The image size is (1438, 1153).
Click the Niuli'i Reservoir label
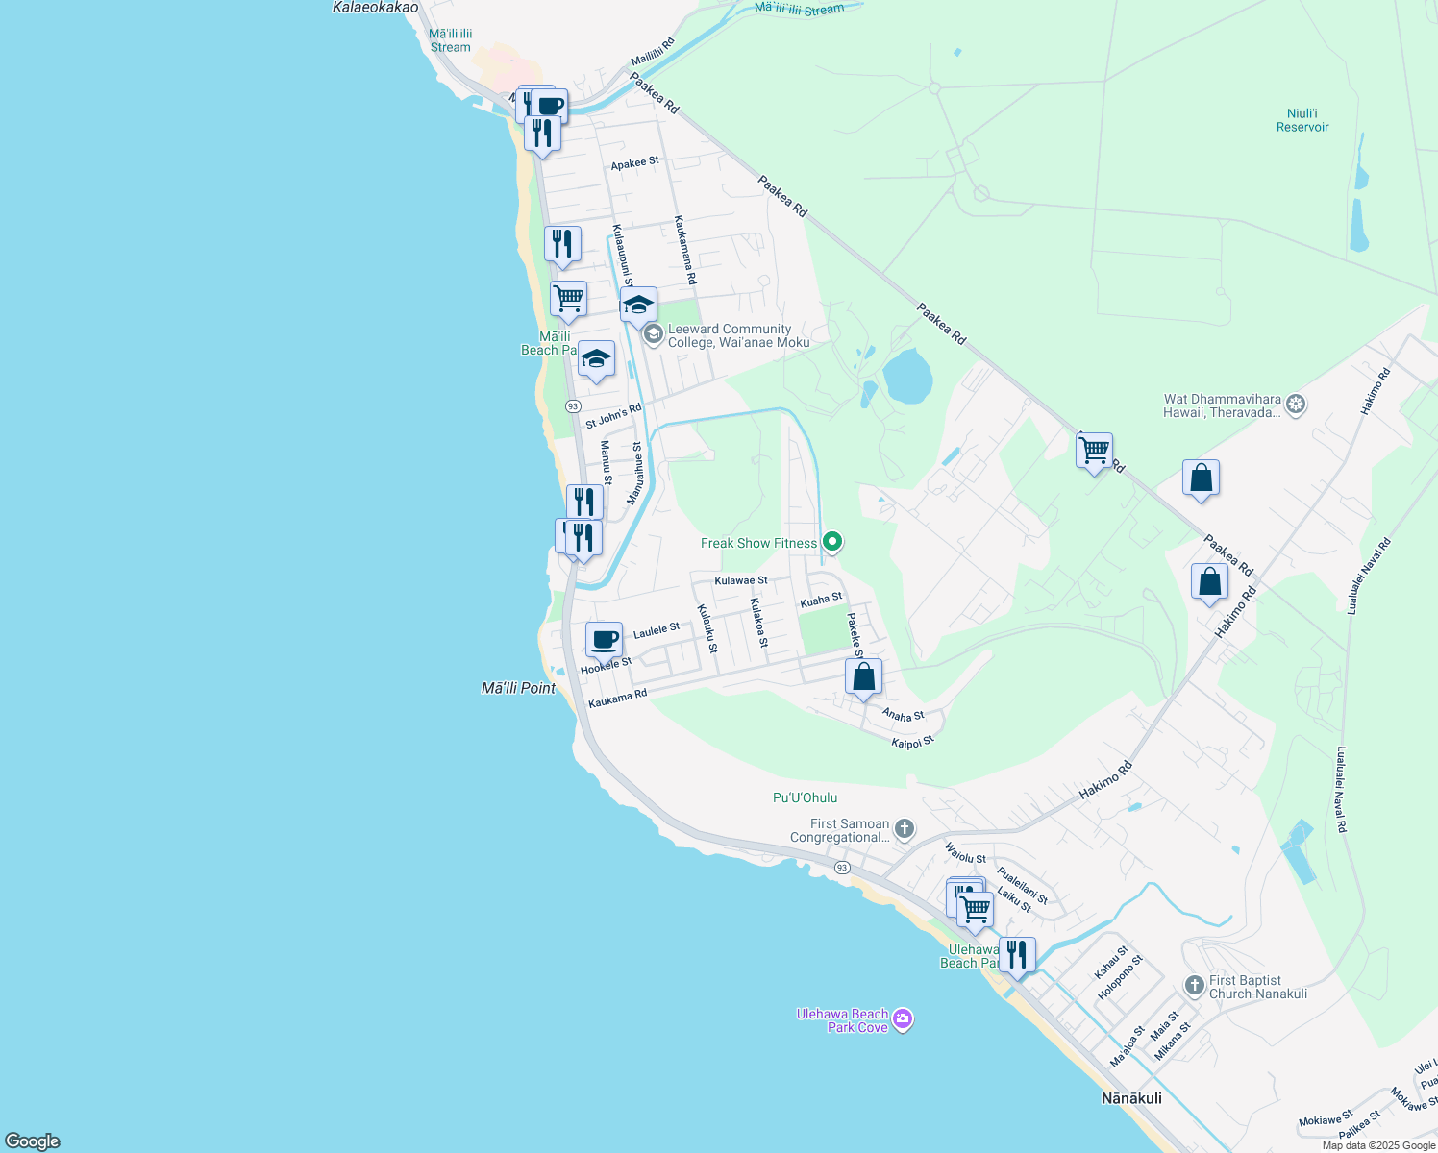[1302, 120]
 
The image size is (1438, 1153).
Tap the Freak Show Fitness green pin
[833, 543]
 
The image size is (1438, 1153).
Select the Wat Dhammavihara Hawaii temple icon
[1296, 405]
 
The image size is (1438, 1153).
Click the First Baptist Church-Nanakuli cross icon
[1194, 986]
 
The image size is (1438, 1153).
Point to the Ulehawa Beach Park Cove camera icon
[902, 1019]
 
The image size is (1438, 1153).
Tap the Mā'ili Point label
[518, 688]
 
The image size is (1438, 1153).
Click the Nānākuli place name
[1130, 1098]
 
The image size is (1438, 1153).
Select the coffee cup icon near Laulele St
[604, 640]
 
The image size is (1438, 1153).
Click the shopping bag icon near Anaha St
[863, 676]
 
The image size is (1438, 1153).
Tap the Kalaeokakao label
[375, 8]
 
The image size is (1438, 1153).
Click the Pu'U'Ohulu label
[805, 797]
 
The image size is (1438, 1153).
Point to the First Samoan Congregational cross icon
[904, 828]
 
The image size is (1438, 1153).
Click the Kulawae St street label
[741, 580]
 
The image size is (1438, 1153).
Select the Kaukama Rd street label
[617, 699]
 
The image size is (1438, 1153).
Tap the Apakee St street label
[634, 163]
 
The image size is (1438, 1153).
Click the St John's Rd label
[613, 416]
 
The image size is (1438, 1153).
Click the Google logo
[33, 1141]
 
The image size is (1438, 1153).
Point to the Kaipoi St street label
[912, 743]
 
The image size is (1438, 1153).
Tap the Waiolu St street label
[965, 852]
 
